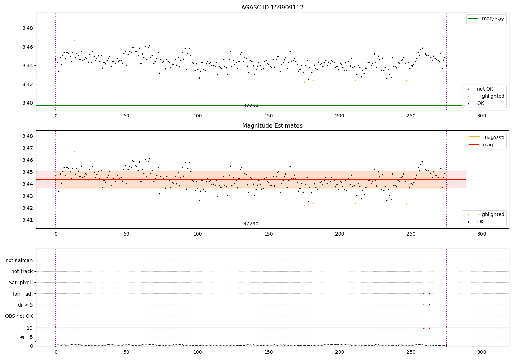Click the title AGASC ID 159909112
(272, 8)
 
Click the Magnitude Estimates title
(272, 126)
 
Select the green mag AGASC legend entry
(486, 19)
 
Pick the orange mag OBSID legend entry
(487, 137)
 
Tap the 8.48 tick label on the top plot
(27, 28)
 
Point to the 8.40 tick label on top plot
(27, 103)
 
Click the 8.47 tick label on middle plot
(27, 148)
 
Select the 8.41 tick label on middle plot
(27, 220)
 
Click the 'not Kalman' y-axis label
(19, 260)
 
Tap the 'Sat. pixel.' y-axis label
(21, 283)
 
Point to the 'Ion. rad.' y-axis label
(23, 294)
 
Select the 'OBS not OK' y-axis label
(19, 316)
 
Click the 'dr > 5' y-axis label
(25, 305)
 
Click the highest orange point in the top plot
(74, 40)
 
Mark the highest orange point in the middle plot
(74, 152)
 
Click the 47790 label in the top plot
(251, 106)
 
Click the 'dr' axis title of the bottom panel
(22, 337)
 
